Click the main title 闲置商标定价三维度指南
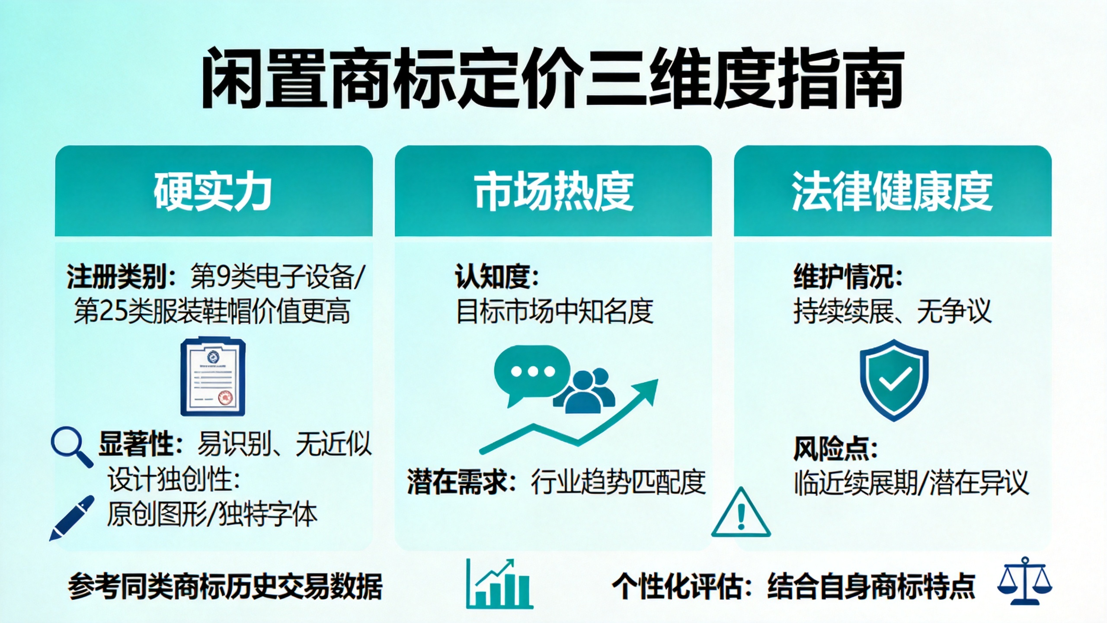coord(553,79)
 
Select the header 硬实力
coord(213,192)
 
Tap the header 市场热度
coord(554,192)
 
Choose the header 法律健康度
coord(892,192)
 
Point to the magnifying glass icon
coord(72,447)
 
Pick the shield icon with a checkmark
coord(893,380)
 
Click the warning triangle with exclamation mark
coord(741,512)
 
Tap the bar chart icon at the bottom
coord(499,584)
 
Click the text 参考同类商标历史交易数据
coord(225,586)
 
